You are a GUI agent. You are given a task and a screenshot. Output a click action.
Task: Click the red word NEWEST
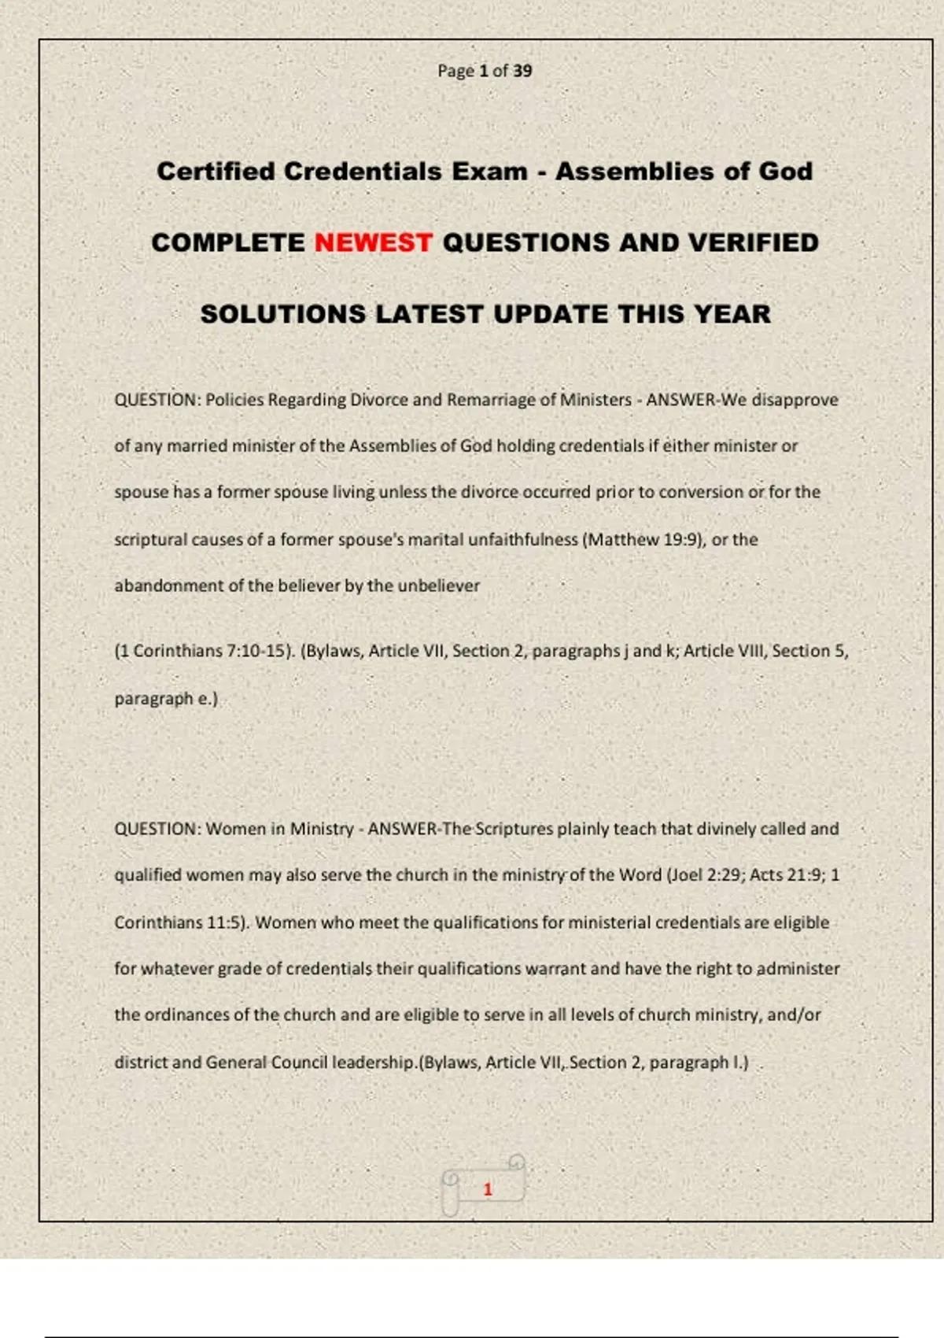coord(373,242)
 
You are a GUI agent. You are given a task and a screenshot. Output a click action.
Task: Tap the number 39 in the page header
coord(522,71)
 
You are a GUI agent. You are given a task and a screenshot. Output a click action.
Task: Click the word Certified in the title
coord(216,172)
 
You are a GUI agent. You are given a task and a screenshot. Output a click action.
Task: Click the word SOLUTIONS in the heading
coord(282,314)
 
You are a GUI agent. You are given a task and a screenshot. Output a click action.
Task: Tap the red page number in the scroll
coord(488,1189)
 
